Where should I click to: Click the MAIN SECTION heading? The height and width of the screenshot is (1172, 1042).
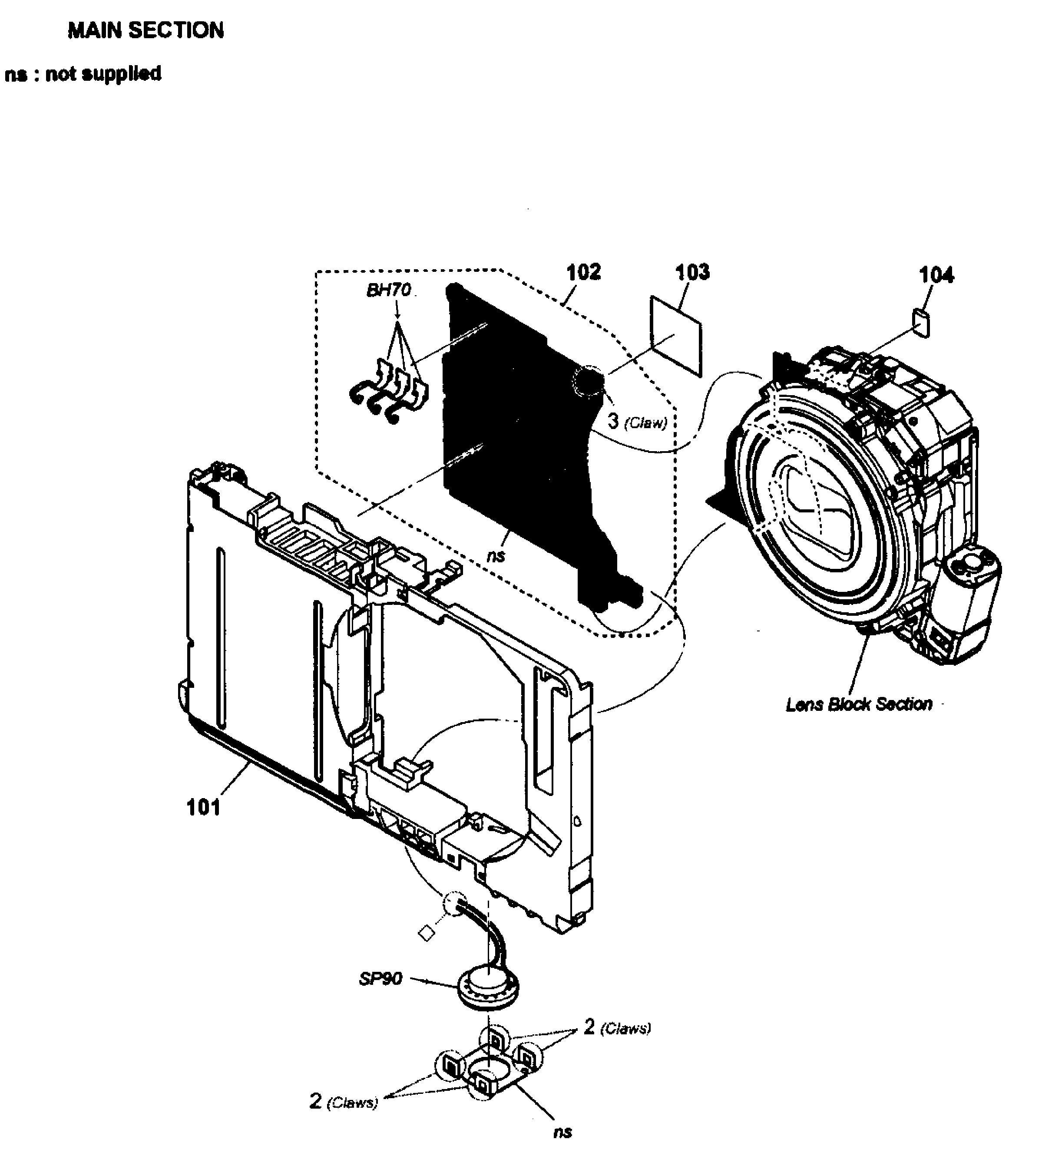[x=146, y=30]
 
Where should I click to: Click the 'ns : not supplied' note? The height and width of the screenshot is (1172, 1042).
[x=83, y=74]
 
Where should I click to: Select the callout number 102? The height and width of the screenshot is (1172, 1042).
[x=583, y=272]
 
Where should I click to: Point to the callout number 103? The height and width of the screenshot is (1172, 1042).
[x=692, y=272]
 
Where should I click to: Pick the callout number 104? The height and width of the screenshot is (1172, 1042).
[x=936, y=275]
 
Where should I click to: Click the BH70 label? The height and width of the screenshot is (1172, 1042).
[x=389, y=290]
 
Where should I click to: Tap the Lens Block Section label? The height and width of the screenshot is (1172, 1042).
[x=859, y=704]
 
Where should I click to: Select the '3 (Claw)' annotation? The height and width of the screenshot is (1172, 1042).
[x=637, y=422]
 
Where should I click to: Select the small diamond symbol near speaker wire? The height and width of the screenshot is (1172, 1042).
[x=425, y=934]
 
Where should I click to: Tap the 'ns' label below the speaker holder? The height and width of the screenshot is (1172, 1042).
[x=562, y=1132]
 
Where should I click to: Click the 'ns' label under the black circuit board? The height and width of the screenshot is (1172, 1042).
[x=496, y=556]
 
